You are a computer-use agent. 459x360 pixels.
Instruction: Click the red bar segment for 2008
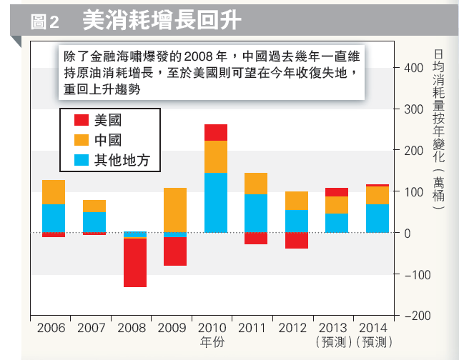coord(134,262)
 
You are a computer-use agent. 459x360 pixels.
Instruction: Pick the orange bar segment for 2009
coord(175,210)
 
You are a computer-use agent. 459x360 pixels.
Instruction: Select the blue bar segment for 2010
coord(215,203)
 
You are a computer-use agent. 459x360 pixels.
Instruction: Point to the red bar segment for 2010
coord(215,133)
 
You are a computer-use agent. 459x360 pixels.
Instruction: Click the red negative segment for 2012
coord(297,241)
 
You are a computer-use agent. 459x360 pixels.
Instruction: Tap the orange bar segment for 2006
coord(54,192)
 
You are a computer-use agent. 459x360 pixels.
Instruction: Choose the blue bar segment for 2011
coord(256,214)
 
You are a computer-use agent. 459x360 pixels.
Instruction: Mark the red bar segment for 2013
coord(337,192)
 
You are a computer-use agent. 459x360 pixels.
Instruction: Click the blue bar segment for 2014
coord(377,219)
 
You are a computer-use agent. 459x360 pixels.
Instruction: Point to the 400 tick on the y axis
coord(414,68)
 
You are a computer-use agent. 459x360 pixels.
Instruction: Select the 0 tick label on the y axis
coord(408,233)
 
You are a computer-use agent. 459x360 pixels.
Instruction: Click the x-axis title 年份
coord(215,341)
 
